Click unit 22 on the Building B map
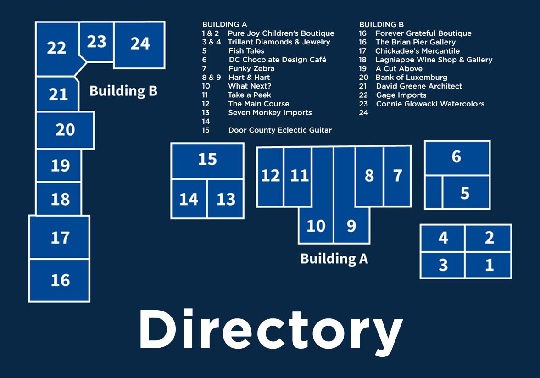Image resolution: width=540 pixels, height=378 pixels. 57,48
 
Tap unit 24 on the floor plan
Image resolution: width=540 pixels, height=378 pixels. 139,45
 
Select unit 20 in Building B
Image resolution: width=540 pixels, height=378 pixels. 65,130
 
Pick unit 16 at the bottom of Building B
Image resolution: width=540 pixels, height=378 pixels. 59,280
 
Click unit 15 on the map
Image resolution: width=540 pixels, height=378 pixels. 207,161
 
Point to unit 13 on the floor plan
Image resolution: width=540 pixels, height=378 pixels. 226,199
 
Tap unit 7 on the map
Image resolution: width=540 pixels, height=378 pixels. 397,176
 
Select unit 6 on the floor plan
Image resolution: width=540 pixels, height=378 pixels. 457,158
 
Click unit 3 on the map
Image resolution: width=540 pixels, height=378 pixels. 443,265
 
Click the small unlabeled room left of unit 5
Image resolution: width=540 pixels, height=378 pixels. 434,192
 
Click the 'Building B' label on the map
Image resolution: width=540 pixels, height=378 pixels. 123,91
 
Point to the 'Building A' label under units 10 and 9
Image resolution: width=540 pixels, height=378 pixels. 334,259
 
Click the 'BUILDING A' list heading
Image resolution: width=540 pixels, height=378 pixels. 224,24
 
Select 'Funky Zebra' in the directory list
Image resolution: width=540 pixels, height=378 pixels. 251,68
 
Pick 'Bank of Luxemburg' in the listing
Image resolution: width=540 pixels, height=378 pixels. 411,78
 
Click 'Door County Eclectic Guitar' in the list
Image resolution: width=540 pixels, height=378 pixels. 280,130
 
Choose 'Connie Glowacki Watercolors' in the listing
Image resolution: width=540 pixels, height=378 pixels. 430,104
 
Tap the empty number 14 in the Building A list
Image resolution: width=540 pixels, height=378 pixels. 206,122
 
